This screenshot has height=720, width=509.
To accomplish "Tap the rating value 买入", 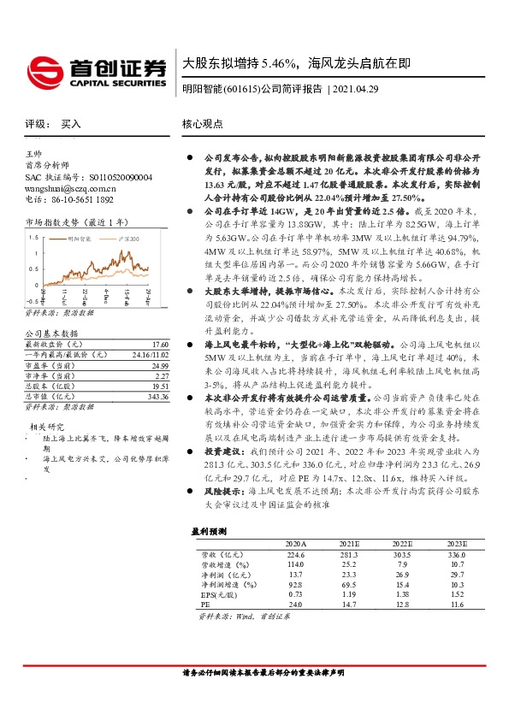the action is tap(71, 123).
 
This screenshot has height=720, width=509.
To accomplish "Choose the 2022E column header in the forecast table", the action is tap(400, 543).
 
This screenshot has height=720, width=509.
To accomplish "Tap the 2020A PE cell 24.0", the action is tap(295, 604).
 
